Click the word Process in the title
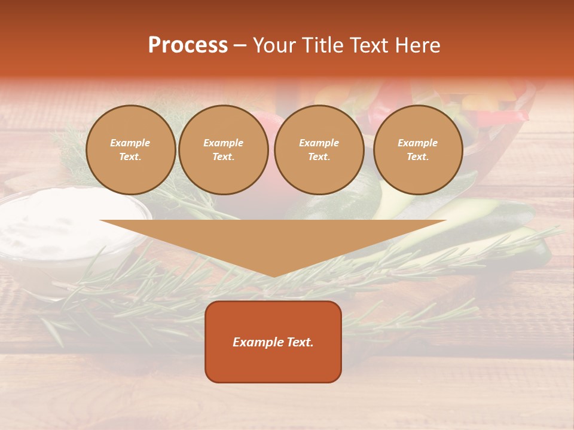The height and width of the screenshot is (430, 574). coord(188,45)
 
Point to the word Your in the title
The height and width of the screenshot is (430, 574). coord(275,45)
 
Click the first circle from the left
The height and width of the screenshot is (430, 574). coord(130,150)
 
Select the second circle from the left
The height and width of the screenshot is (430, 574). coord(223,150)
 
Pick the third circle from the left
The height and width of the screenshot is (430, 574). coord(319,150)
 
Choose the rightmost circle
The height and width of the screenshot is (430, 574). coord(417,150)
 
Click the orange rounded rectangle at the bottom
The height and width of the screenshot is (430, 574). coord(273,342)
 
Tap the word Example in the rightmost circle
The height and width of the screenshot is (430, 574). coord(417,143)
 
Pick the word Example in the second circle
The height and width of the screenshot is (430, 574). coord(223,143)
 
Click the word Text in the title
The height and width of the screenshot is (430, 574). coord(369,45)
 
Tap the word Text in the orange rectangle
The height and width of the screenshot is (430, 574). coord(299,342)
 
